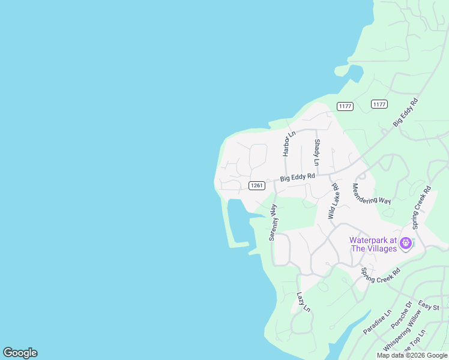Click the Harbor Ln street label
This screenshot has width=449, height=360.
(x=290, y=144)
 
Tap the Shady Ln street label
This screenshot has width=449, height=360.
(x=316, y=153)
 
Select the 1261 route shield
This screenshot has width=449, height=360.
(x=256, y=185)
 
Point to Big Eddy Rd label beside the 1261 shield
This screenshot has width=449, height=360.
(x=297, y=177)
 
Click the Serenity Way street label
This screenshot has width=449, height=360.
(x=273, y=222)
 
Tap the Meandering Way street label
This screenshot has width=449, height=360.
(x=372, y=194)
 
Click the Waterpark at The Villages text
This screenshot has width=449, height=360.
(x=373, y=244)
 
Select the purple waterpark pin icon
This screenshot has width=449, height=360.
(x=406, y=244)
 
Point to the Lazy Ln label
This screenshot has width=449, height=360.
(x=304, y=302)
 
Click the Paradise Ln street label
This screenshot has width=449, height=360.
(x=377, y=322)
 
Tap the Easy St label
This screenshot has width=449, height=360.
(x=429, y=305)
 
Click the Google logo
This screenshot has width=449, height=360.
(x=20, y=353)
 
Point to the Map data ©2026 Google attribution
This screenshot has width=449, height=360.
(x=412, y=355)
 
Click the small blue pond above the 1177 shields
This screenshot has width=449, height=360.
(x=355, y=73)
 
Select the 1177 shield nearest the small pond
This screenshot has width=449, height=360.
(x=345, y=106)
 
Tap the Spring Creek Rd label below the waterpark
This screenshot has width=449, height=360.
(x=380, y=275)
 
